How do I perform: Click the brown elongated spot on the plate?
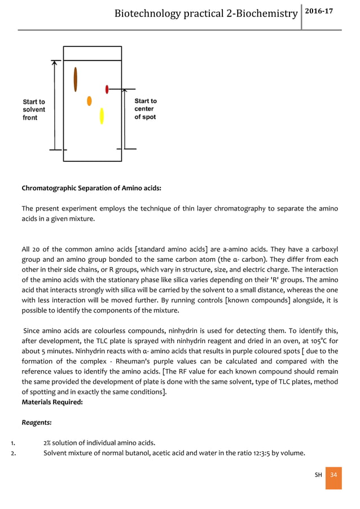point(76,80)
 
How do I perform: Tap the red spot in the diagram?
point(107,89)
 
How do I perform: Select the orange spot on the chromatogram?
point(89,101)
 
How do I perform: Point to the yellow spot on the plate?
point(102,116)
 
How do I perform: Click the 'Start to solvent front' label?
point(34,109)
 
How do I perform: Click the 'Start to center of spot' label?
point(146,109)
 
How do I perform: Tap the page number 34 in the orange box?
point(333,475)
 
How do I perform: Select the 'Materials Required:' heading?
point(52,402)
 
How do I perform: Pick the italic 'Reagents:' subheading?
point(36,422)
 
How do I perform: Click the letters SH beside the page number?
point(318,475)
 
